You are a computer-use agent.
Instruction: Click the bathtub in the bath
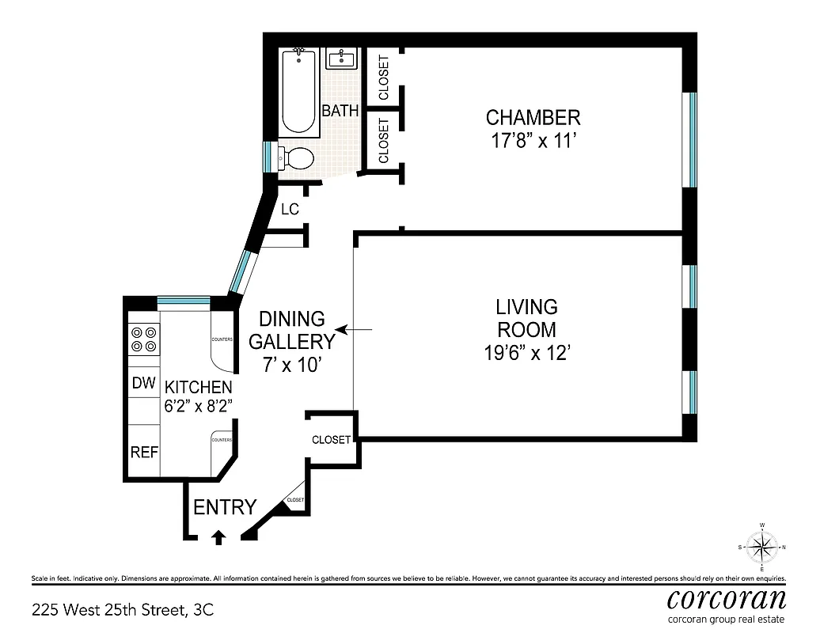click(x=300, y=91)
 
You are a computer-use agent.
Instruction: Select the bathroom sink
click(x=342, y=58)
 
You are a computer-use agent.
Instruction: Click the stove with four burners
click(x=143, y=339)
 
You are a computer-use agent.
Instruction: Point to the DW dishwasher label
click(x=143, y=384)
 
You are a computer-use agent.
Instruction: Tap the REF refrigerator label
click(x=144, y=453)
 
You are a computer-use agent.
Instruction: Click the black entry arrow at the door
click(x=218, y=537)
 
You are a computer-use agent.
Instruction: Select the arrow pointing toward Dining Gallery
click(x=342, y=328)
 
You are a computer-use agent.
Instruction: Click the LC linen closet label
click(x=290, y=209)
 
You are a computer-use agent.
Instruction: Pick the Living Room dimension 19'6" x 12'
click(x=526, y=353)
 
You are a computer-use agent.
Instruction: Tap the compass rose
click(x=762, y=546)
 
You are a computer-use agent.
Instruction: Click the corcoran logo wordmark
click(x=727, y=597)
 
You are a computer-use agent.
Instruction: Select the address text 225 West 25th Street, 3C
click(x=122, y=610)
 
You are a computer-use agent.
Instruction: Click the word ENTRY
click(x=225, y=507)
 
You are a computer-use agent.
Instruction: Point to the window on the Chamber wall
click(x=692, y=139)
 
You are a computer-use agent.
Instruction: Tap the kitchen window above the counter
click(x=183, y=301)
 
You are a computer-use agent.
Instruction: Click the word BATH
click(x=340, y=111)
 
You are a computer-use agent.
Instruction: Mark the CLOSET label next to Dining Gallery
click(x=331, y=440)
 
